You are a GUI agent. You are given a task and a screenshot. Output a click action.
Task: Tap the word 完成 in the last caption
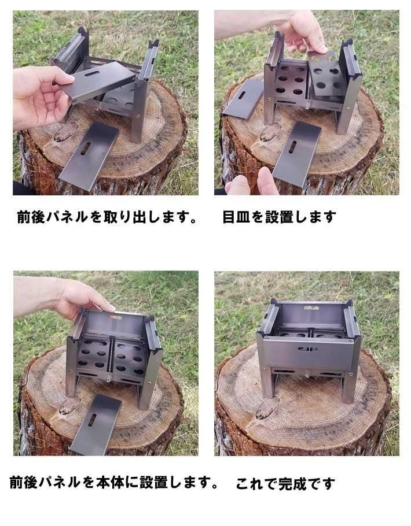293,483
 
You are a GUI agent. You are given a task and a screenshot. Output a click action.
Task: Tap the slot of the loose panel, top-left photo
86,148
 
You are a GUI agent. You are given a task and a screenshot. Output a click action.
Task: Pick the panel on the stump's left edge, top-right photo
243,98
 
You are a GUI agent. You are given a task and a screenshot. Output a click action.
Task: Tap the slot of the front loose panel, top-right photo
293,147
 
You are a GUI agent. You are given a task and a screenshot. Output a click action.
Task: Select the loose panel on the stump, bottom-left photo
95,424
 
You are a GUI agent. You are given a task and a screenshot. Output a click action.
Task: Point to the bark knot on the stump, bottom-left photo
69,406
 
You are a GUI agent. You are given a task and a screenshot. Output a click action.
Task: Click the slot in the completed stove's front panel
307,349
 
